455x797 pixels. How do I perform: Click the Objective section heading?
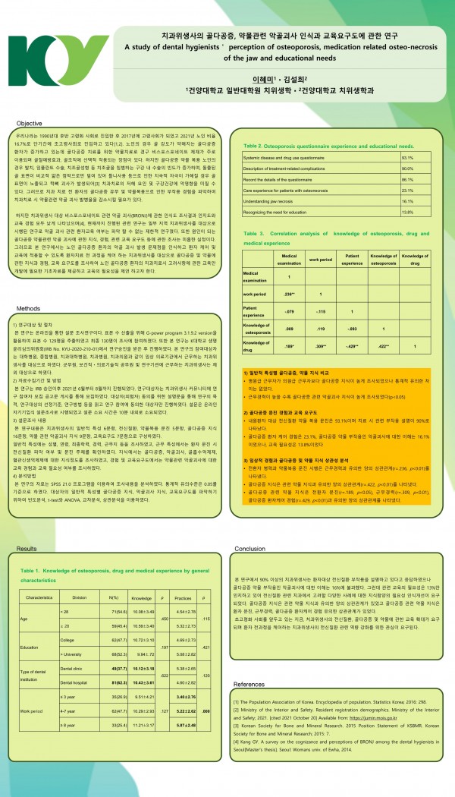click(30, 122)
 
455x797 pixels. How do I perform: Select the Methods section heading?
click(28, 309)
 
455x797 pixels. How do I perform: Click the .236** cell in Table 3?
click(288, 292)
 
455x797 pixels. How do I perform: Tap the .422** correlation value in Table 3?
click(384, 346)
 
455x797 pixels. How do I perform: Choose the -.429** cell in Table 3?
click(351, 346)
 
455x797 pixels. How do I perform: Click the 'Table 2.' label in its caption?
click(254, 143)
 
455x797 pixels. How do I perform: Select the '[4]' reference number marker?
click(237, 749)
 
